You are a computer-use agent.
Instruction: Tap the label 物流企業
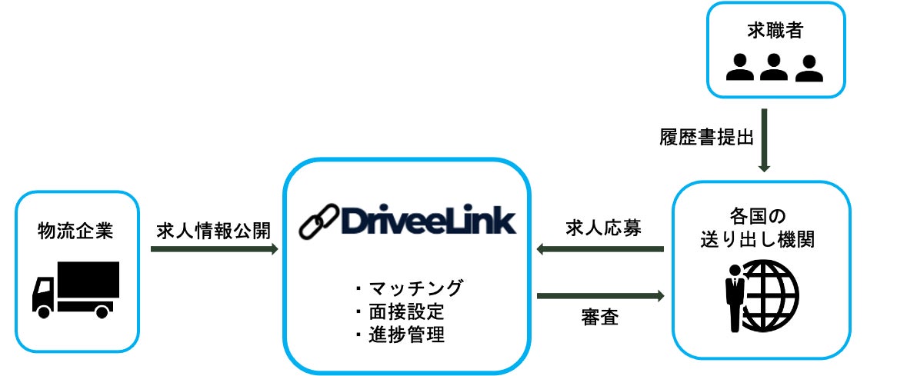tap(76, 230)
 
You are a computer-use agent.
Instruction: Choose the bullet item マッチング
tap(408, 288)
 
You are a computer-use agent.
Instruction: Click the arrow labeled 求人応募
tap(600, 248)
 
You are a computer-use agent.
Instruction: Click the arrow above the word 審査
tap(600, 294)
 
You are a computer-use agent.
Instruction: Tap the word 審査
tap(600, 318)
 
